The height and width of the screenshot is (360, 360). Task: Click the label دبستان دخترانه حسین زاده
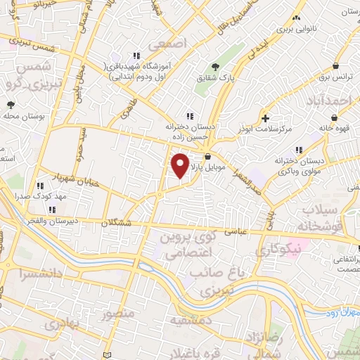coord(188,132)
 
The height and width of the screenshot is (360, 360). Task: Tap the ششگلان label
coord(116,222)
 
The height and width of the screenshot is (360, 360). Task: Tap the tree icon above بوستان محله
coord(11,105)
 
